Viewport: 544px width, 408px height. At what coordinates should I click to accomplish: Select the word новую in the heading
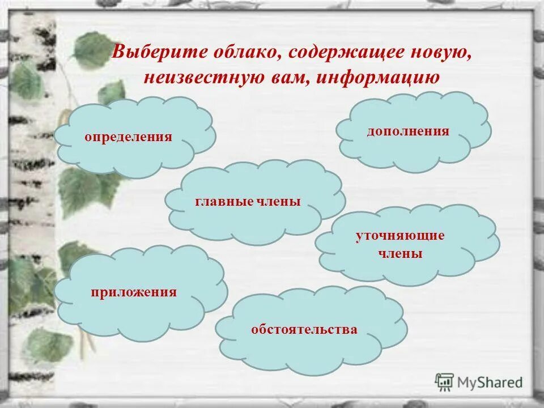[441, 52]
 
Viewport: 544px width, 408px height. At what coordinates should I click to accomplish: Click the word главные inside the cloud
[223, 202]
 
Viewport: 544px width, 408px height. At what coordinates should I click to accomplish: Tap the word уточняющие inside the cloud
[400, 235]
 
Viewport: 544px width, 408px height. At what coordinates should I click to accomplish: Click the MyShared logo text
[490, 382]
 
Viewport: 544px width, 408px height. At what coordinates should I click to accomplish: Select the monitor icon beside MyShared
[445, 382]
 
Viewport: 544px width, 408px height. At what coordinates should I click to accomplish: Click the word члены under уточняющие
[400, 253]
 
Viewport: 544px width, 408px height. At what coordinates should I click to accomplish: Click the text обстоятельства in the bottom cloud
[304, 329]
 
